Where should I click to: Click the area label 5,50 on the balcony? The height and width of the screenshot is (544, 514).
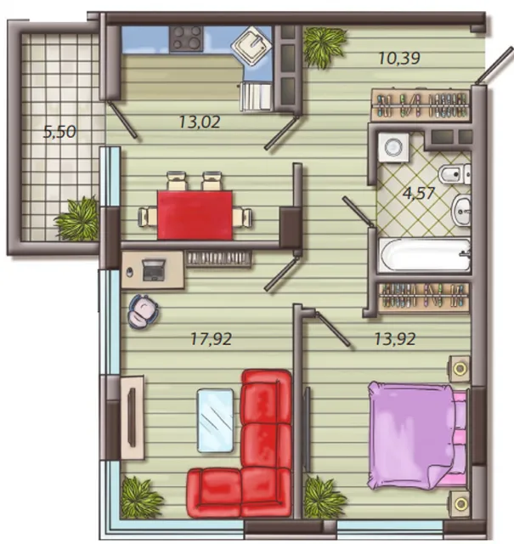[x=59, y=132]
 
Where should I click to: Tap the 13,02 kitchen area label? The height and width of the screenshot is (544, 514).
[x=200, y=122]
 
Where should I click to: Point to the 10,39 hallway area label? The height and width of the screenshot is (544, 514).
[x=399, y=58]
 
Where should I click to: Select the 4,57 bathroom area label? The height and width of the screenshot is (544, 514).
[x=419, y=193]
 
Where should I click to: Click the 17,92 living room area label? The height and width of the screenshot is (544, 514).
[x=212, y=339]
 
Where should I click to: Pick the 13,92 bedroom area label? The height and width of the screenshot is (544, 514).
[x=395, y=339]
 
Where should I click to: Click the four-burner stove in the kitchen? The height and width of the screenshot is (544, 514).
[x=186, y=39]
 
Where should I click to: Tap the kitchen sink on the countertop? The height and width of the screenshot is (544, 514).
[x=251, y=45]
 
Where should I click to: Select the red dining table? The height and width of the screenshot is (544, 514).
[x=195, y=215]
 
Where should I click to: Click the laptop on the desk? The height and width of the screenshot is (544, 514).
[x=154, y=270]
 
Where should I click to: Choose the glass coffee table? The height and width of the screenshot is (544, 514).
[x=215, y=420]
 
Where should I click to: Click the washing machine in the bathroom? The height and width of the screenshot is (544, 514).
[x=393, y=147]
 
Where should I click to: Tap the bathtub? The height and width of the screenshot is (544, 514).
[x=425, y=254]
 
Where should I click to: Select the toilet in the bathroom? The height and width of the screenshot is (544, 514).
[x=455, y=174]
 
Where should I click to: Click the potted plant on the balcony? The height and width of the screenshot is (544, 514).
[x=77, y=219]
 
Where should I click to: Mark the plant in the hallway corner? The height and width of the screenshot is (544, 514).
[x=325, y=47]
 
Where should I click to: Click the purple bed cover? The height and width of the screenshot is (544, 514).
[x=411, y=435]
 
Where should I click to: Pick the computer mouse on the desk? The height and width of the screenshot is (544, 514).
[x=130, y=272]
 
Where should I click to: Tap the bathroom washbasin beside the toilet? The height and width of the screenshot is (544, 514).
[x=461, y=210]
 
